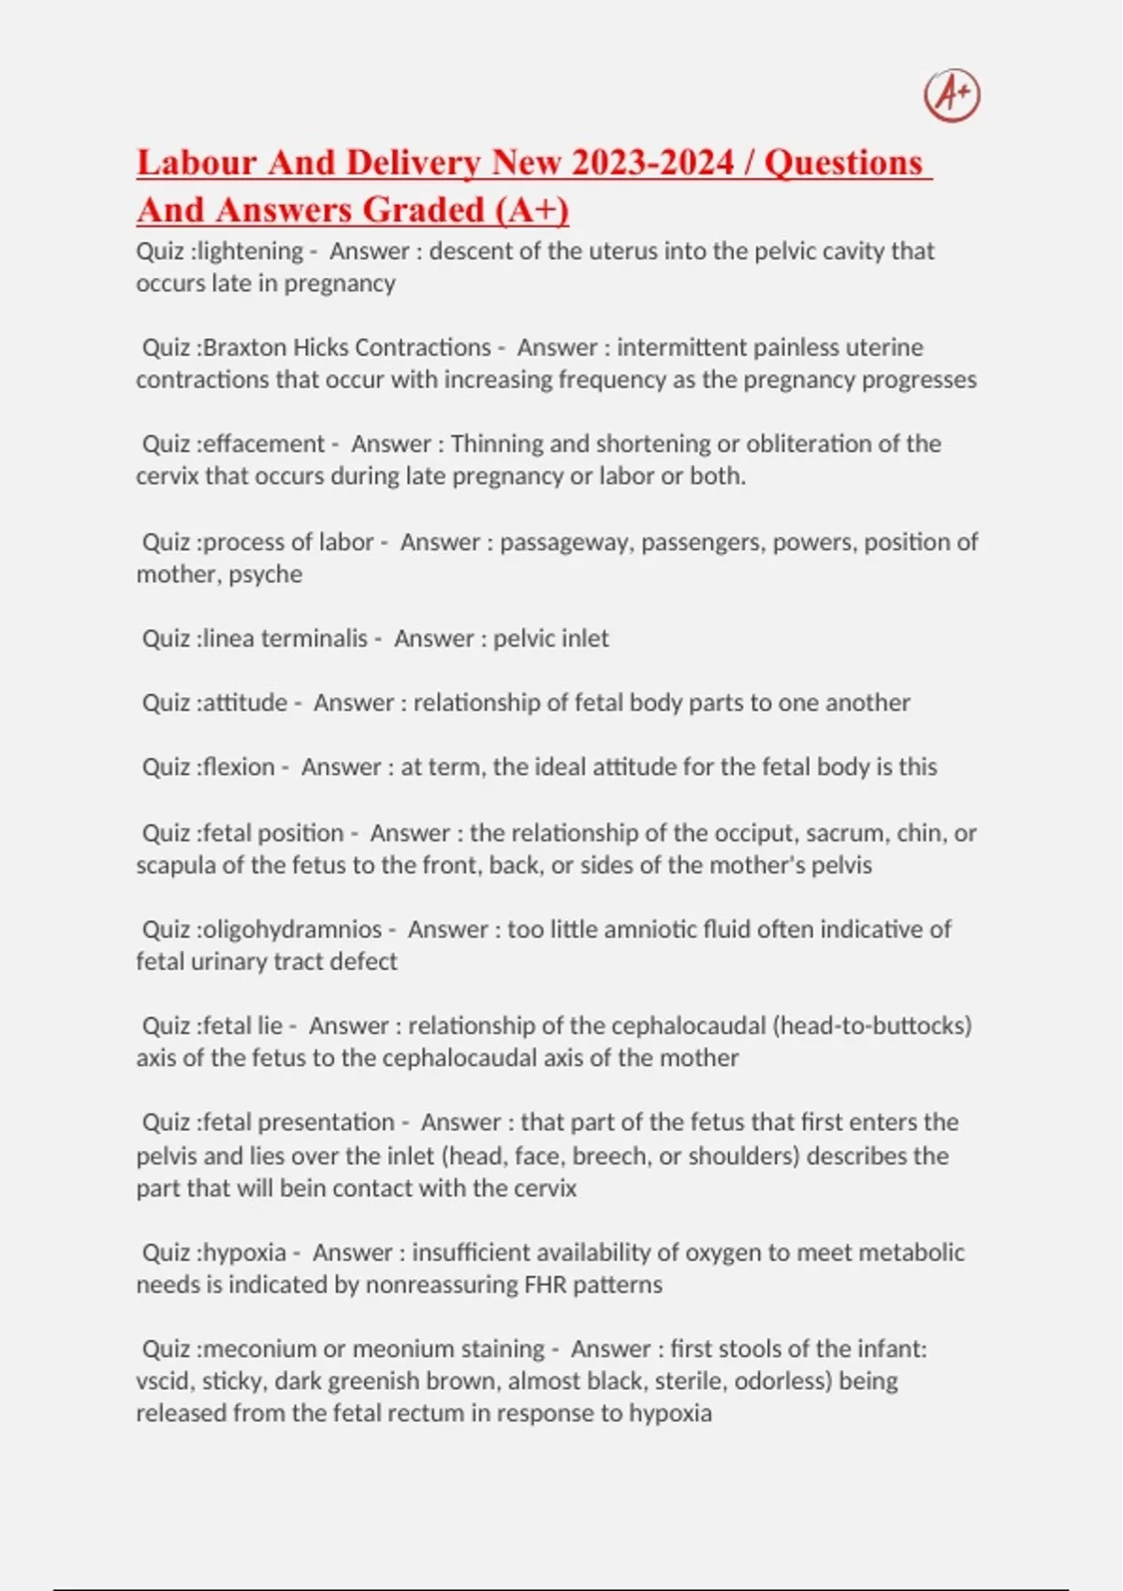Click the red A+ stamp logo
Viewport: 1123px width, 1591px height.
point(952,95)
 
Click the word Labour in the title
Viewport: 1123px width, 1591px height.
point(197,163)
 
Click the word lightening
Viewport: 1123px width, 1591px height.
point(251,251)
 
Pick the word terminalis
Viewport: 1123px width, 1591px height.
point(314,638)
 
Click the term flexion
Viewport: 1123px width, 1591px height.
point(239,766)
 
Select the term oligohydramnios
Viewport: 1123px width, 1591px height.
point(292,929)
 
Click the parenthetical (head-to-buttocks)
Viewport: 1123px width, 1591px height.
point(872,1026)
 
